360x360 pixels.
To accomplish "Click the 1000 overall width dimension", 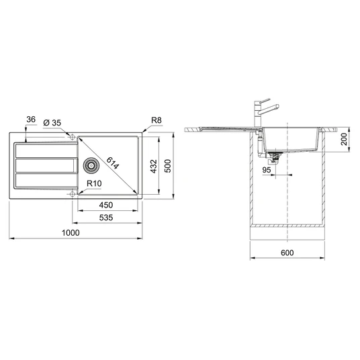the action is [x=71, y=233].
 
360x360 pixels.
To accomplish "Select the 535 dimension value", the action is [x=106, y=218].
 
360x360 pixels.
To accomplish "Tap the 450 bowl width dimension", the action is [x=106, y=205].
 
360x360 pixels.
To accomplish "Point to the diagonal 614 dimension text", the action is [x=113, y=163].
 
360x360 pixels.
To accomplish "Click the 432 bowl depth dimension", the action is [x=154, y=166].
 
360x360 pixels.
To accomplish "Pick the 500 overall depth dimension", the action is [x=168, y=166].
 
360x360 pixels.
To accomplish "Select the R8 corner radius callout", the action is [x=156, y=120].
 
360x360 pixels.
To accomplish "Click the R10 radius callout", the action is [x=94, y=183].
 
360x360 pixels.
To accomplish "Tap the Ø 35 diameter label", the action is [x=52, y=123].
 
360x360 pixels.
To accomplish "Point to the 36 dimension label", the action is [x=31, y=120].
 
